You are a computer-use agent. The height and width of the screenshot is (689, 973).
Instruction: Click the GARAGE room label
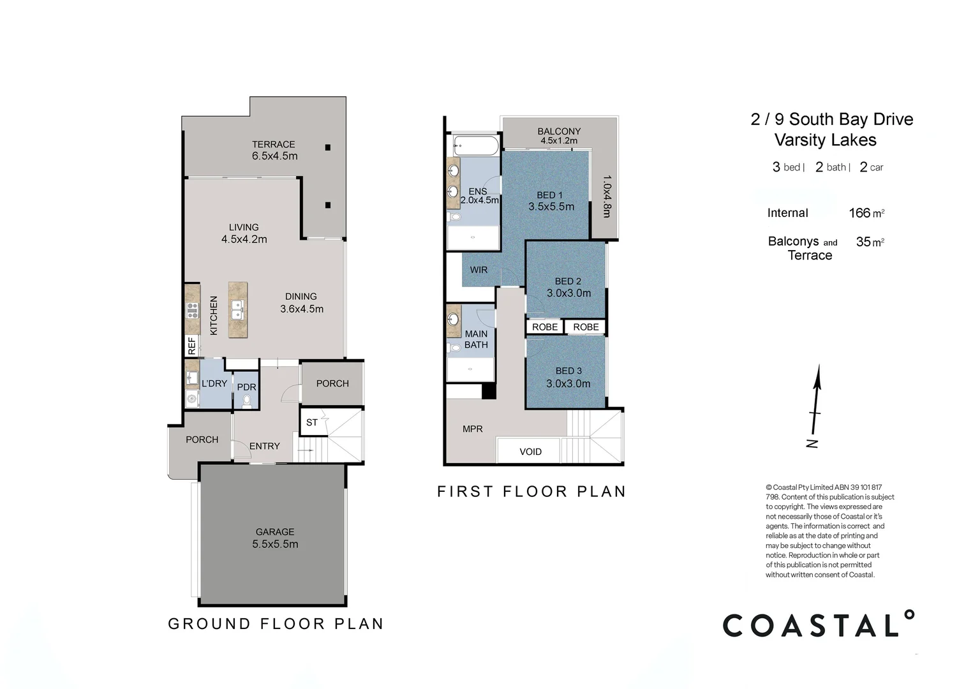[x=275, y=532]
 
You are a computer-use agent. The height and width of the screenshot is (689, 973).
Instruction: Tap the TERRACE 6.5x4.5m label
[x=274, y=150]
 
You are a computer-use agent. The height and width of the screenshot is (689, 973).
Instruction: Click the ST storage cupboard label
[x=311, y=422]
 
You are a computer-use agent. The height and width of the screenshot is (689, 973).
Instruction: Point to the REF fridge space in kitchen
[x=191, y=346]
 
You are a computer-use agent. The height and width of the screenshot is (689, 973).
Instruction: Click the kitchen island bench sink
[x=237, y=310]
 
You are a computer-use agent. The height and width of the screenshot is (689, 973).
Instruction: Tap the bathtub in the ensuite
[x=475, y=145]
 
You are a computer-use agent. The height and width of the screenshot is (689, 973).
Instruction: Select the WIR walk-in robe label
[x=479, y=270]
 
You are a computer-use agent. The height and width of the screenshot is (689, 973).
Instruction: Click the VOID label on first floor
[x=530, y=452]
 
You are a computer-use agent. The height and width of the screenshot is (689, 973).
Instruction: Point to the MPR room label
[x=472, y=429]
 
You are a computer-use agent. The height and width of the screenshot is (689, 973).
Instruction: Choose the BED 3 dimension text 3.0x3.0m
[x=568, y=383]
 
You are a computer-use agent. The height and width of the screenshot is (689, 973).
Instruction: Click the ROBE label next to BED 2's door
[x=545, y=327]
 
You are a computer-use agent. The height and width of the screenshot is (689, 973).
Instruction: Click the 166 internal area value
[x=859, y=213]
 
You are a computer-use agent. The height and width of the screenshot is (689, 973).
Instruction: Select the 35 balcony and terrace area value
[x=863, y=242]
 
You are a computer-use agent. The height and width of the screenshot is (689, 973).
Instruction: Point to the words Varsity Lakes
[x=825, y=140]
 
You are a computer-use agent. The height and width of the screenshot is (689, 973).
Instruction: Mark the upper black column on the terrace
[x=328, y=147]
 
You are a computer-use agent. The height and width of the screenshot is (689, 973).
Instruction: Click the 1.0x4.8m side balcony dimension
[x=606, y=196]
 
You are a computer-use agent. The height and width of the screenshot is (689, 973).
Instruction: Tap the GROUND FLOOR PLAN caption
[x=276, y=623]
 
